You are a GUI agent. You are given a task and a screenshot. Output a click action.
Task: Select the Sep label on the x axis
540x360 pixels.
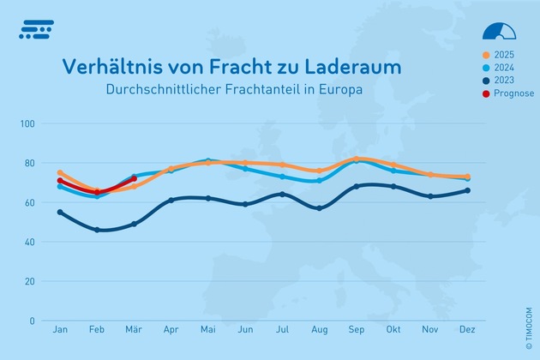pos(356,330)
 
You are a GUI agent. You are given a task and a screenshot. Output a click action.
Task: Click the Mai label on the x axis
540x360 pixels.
pos(207,330)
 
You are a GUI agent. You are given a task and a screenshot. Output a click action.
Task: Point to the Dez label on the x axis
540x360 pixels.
pos(466,330)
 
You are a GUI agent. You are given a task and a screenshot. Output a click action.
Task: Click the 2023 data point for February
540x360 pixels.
pos(97,230)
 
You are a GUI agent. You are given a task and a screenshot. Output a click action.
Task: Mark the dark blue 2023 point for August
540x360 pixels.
pos(319,208)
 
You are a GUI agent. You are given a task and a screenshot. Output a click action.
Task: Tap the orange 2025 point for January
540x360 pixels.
pos(60,172)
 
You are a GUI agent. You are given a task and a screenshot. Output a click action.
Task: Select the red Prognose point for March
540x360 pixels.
pos(135,178)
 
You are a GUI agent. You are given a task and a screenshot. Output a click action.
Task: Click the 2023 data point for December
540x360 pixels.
pos(467,190)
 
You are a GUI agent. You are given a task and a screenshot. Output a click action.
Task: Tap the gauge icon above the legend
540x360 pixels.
pos(499,31)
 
